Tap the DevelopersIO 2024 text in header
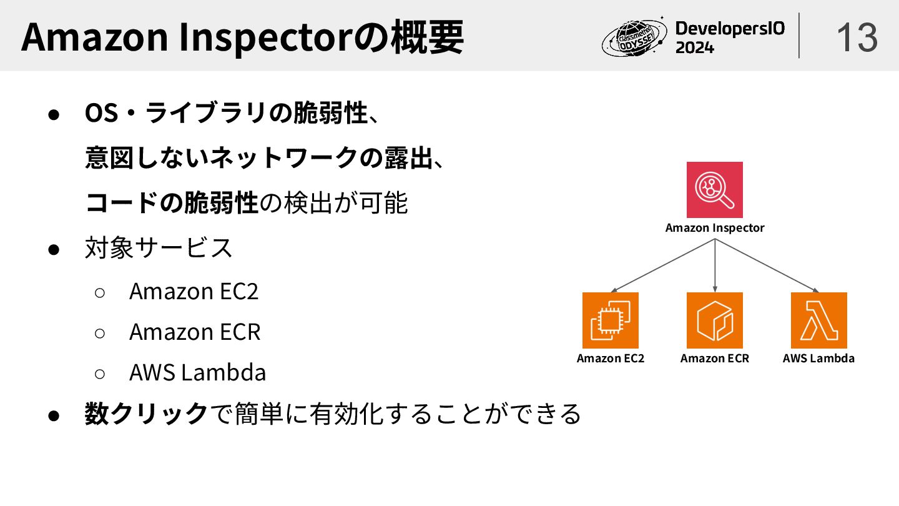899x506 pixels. pyautogui.click(x=730, y=37)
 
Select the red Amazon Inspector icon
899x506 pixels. pyautogui.click(x=714, y=190)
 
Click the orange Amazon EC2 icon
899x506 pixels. pyautogui.click(x=610, y=320)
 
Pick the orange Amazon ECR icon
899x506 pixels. pyautogui.click(x=714, y=320)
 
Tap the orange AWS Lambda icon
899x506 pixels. pyautogui.click(x=818, y=320)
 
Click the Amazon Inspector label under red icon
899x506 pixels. pyautogui.click(x=714, y=228)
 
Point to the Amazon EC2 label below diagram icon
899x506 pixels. pyautogui.click(x=610, y=359)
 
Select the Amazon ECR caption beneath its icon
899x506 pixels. pyautogui.click(x=714, y=359)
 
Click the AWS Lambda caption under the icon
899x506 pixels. pyautogui.click(x=818, y=359)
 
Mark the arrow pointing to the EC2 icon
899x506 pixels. pyautogui.click(x=662, y=265)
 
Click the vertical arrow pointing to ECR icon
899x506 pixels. pyautogui.click(x=714, y=265)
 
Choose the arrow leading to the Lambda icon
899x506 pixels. pyautogui.click(x=767, y=265)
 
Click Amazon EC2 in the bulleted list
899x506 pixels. pyautogui.click(x=194, y=291)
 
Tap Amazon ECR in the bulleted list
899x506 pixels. pyautogui.click(x=195, y=332)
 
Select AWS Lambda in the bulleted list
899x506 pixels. pyautogui.click(x=197, y=372)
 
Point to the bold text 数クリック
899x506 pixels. pyautogui.click(x=146, y=414)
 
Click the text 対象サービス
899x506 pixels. pyautogui.click(x=159, y=248)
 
